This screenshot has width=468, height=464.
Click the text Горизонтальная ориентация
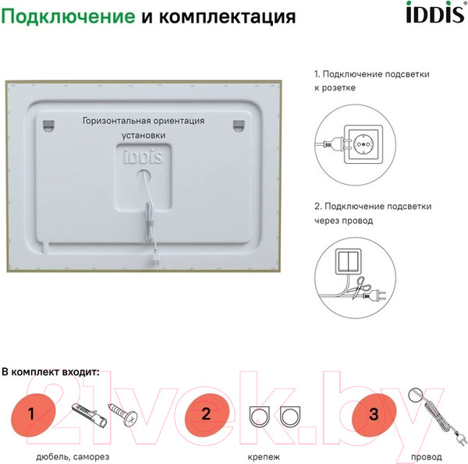pos(144,121)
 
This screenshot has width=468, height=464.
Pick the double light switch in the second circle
pos(349,265)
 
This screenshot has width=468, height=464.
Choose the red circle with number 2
pos(206,413)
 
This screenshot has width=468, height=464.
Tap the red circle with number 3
pos(374,413)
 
